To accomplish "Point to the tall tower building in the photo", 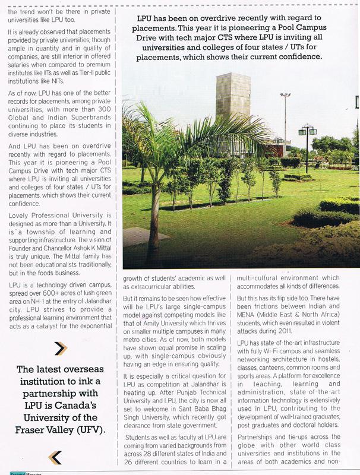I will click(x=232, y=110).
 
